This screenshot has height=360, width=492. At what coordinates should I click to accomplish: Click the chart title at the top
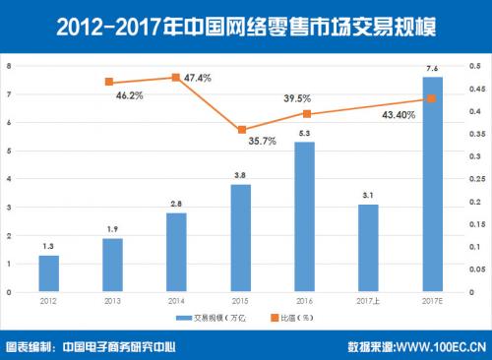coord(246,21)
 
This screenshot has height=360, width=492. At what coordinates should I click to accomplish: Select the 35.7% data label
coord(261,142)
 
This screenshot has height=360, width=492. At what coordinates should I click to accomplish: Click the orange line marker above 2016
coord(305,113)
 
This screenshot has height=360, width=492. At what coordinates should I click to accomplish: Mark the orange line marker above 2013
coord(109,82)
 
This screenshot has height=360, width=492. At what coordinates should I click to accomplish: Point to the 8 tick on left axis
coord(9,66)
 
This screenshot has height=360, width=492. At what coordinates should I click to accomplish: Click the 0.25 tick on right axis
coord(474,179)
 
